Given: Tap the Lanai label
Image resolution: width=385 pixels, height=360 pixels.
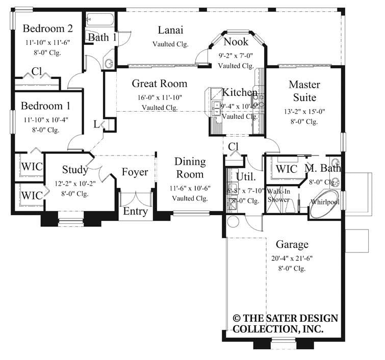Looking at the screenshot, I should (170, 30).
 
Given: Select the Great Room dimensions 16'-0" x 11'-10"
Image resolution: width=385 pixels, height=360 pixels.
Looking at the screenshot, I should (159, 97).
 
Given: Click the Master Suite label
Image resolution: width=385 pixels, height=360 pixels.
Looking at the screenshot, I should (304, 90).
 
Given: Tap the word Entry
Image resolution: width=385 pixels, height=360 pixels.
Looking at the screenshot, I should (136, 211).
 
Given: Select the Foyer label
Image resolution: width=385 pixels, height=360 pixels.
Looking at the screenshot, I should (135, 172).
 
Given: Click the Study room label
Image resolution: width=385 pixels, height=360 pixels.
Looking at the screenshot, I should (75, 169).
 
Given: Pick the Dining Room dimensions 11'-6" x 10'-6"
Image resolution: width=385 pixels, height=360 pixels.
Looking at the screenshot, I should (190, 188).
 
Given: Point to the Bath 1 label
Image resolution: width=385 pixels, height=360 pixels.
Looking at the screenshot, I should (102, 37).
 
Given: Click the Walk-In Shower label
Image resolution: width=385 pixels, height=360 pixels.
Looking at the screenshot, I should (279, 195).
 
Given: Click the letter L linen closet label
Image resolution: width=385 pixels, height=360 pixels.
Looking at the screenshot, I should (97, 124).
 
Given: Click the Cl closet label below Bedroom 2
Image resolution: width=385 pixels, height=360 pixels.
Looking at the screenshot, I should (37, 71).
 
